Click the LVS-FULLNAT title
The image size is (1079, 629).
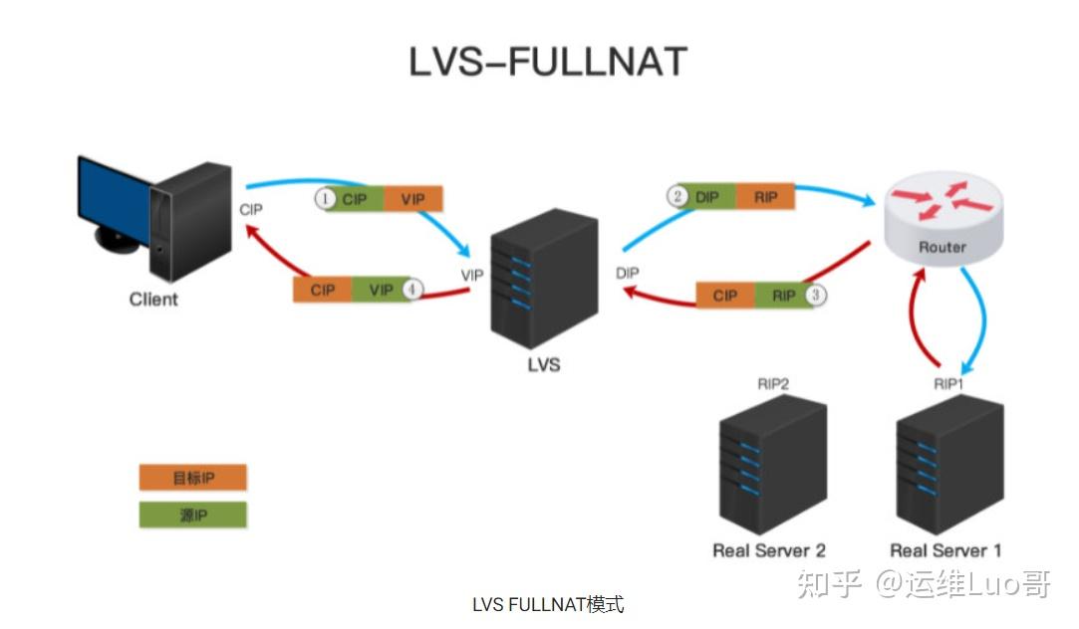point(548,62)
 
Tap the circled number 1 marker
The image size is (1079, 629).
point(325,199)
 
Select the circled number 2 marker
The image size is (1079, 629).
point(677,196)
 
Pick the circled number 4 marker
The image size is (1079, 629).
point(410,290)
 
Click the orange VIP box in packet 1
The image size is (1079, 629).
point(412,199)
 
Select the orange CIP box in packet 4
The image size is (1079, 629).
point(323,290)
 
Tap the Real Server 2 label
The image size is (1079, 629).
point(769,550)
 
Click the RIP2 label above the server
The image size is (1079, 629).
point(773,383)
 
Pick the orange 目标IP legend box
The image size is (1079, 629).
point(192,478)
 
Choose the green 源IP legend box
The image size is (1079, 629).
point(192,515)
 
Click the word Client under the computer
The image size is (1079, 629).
point(153,299)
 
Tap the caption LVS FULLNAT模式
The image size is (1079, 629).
point(548,604)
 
